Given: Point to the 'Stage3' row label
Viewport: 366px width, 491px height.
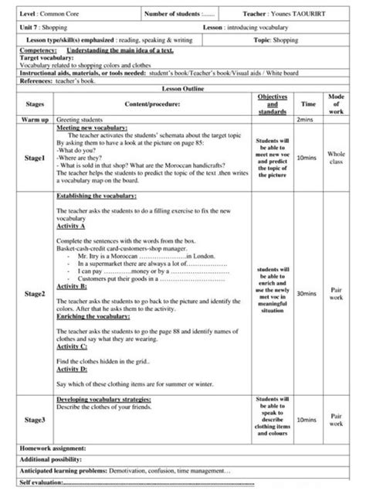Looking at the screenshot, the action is pos(36,419).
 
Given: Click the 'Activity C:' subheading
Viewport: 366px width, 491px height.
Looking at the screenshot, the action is pos(73,349).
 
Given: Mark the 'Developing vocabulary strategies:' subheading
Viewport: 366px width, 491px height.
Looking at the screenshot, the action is pos(104,399).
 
